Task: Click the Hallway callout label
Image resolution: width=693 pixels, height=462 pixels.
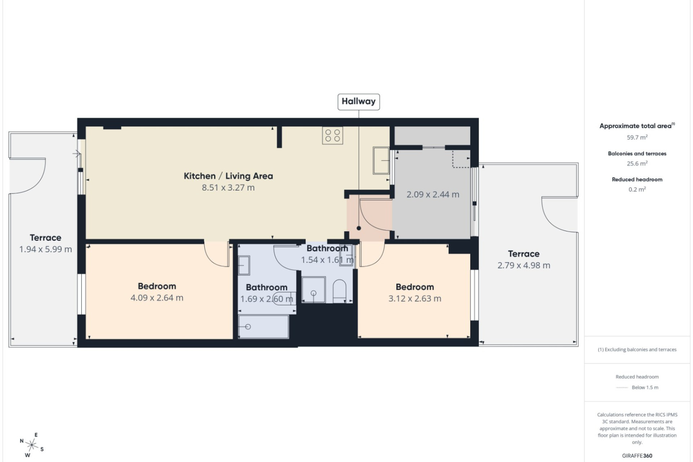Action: [358, 101]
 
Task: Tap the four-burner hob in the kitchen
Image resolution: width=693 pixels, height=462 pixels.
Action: [333, 135]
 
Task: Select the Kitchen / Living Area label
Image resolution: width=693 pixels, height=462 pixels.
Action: [228, 176]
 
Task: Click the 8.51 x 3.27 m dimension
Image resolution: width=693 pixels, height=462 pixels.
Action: [228, 188]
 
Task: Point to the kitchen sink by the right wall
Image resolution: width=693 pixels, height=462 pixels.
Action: [381, 160]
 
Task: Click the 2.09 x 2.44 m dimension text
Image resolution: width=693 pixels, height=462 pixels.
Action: [433, 195]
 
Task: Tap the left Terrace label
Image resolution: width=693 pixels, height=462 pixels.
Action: [45, 237]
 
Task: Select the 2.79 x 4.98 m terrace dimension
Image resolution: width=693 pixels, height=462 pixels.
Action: [524, 265]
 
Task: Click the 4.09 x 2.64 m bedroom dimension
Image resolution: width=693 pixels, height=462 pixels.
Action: [157, 298]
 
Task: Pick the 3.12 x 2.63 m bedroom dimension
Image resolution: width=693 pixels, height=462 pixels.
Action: [415, 298]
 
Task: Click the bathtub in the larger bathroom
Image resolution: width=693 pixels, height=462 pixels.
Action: [264, 327]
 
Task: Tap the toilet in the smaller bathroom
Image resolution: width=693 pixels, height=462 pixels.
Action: [340, 291]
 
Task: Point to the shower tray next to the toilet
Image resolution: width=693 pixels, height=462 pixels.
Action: [313, 289]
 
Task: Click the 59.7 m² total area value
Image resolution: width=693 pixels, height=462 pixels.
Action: [637, 137]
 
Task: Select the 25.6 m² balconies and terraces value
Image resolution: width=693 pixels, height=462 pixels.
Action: [637, 164]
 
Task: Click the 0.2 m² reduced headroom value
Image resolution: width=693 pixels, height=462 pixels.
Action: [637, 189]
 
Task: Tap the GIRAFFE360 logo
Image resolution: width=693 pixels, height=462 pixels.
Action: [637, 456]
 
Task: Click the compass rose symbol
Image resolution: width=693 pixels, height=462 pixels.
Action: [32, 445]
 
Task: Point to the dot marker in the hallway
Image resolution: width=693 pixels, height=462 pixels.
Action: [359, 228]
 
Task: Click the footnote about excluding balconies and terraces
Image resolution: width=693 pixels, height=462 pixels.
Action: [637, 349]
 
